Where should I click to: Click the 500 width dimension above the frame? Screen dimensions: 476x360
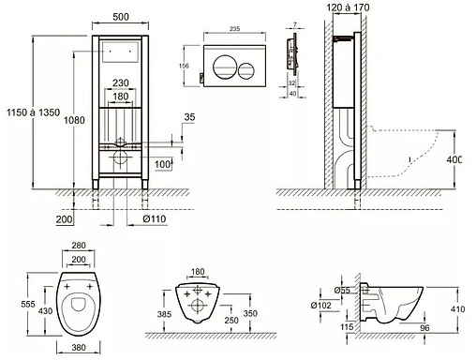tap(121, 17)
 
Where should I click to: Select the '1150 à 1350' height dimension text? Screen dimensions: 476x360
tap(33, 112)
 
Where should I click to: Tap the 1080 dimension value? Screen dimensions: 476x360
tap(74, 120)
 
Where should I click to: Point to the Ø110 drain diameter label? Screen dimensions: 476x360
tap(155, 218)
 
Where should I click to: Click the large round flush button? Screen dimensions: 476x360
tap(223, 67)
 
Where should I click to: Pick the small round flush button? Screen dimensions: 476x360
tap(246, 71)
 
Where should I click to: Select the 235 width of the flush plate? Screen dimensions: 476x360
tap(235, 29)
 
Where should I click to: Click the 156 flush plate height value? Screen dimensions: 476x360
tap(184, 66)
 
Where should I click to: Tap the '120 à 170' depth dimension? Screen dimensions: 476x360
tap(348, 7)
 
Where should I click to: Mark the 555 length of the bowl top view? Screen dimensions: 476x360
tap(28, 304)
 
